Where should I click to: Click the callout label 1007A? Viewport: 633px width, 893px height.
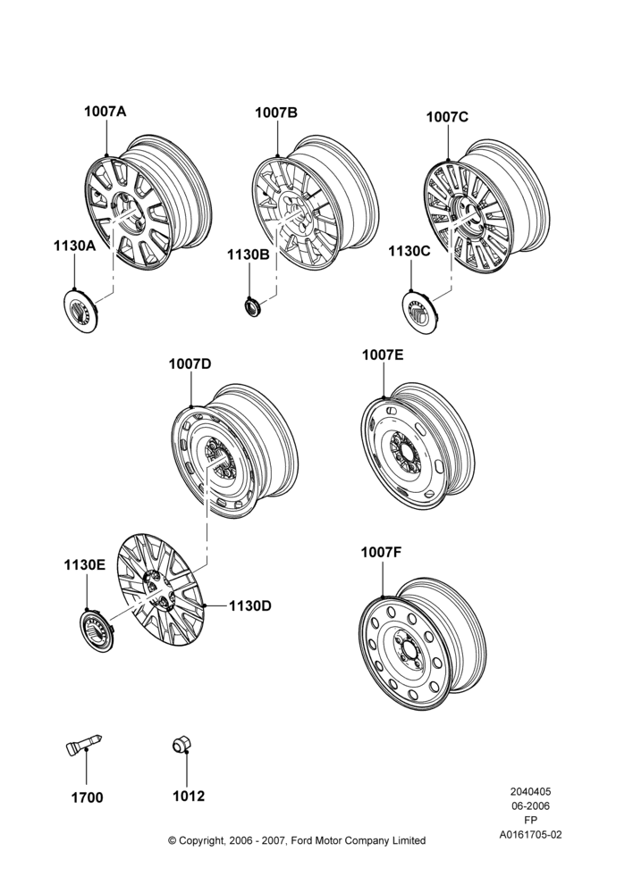pos(105,111)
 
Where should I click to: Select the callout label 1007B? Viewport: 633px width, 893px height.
pos(276,113)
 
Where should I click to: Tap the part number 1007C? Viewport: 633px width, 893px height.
pos(447,117)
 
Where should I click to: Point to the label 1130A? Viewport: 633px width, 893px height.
pos(75,246)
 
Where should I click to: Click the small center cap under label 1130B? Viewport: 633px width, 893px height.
pos(252,307)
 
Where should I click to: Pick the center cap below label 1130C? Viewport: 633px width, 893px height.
pos(419,312)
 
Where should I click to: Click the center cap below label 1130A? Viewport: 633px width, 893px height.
pos(80,312)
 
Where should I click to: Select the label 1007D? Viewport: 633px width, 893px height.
pos(190,363)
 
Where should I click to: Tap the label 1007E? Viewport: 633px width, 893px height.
pos(383,355)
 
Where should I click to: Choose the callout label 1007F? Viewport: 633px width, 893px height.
pos(382,553)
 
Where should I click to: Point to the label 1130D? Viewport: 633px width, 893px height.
pos(250,606)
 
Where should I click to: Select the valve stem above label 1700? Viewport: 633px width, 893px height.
pos(84,746)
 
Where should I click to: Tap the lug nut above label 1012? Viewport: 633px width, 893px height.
pos(181,744)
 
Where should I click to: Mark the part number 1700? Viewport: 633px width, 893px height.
pos(88,797)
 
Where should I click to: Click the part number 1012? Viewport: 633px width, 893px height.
pos(189,796)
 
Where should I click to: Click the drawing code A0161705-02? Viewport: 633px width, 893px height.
pos(531,835)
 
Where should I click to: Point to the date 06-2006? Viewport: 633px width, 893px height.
pos(530,805)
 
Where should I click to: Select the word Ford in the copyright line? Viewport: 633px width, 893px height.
pos(302,840)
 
